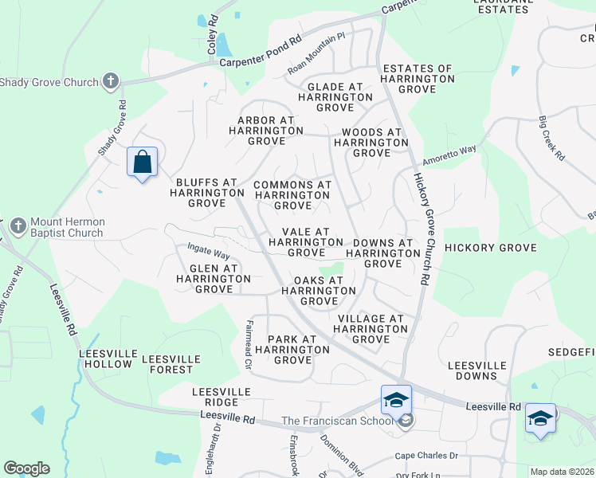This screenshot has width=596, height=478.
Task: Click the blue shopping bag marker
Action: pyautogui.click(x=142, y=163)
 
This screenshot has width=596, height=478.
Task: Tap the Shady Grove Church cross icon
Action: pyautogui.click(x=111, y=82)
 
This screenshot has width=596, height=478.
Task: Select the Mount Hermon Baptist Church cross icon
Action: pyautogui.click(x=19, y=227)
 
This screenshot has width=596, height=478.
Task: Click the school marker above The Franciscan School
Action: pyautogui.click(x=396, y=401)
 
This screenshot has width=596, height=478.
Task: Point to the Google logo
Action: pyautogui.click(x=26, y=468)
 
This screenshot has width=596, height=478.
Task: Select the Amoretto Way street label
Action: pyautogui.click(x=449, y=152)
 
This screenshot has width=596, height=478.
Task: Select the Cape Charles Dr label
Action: pyautogui.click(x=427, y=456)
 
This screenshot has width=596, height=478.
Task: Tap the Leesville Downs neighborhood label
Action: pyautogui.click(x=477, y=370)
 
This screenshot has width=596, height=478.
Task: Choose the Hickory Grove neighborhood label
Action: pyautogui.click(x=491, y=248)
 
